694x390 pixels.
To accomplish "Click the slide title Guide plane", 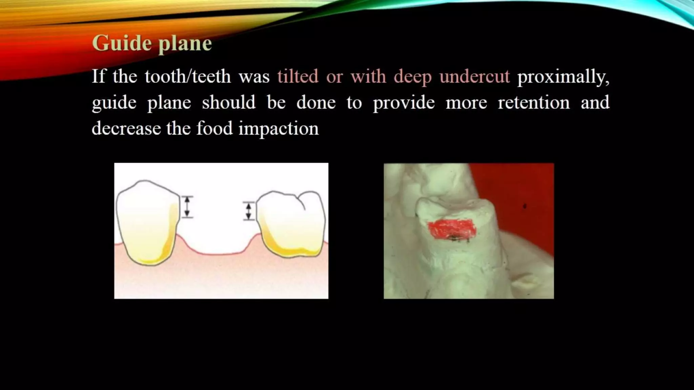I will pos(152,44).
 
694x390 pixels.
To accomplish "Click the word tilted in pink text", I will pos(298,76).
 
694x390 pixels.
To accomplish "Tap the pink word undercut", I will pos(474,76).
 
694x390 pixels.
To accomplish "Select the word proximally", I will pos(563,77).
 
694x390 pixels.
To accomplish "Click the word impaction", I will pos(278,129).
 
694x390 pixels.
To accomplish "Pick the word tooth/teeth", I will pos(188,76).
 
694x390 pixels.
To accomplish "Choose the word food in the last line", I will pos(215,128).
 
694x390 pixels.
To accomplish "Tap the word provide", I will pos(404,103).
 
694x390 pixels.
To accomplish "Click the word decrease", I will pos(126,128).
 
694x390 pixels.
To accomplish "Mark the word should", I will pos(229,102).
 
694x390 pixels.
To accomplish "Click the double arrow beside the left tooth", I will pos(187,207).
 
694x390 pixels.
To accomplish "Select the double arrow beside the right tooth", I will pos(249,211).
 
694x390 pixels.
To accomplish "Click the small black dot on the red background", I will pos(525,206).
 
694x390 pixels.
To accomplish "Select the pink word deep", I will pos(412,77).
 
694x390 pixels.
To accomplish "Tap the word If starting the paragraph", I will pos(98,76).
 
